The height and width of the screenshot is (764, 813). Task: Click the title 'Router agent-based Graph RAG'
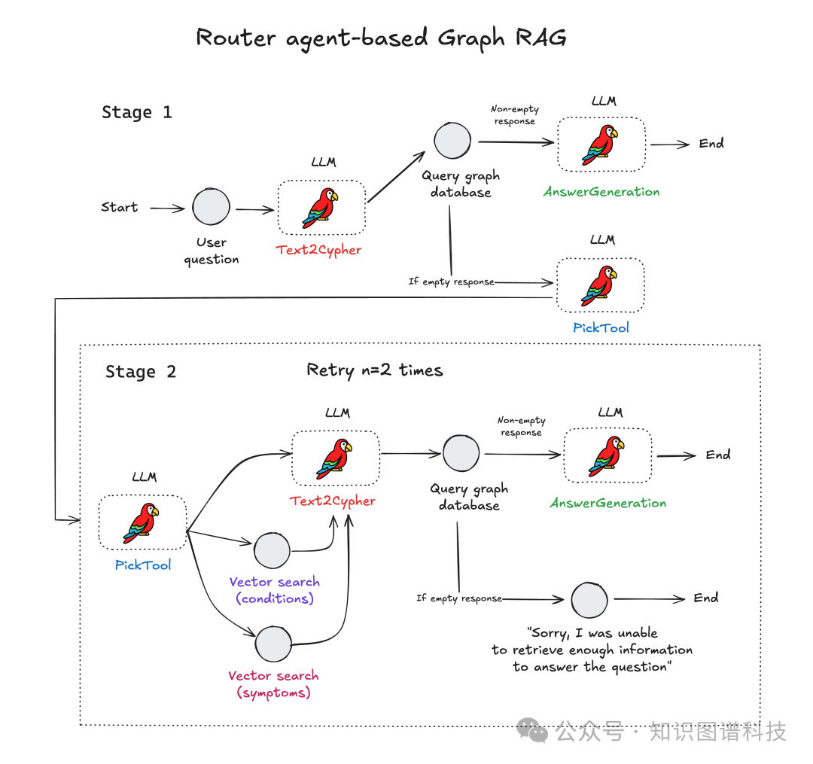pos(381,38)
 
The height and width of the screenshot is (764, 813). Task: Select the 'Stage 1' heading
pos(137,113)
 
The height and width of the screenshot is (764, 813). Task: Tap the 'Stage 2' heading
pos(141,372)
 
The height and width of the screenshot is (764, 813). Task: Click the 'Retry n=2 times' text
pos(375,370)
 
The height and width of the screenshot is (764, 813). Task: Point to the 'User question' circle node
pos(211,207)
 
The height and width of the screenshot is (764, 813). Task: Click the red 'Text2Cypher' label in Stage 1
pos(318,250)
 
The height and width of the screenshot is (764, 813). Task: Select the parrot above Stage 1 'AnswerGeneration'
pos(600,145)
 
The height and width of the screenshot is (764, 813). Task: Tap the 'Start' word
pos(120,207)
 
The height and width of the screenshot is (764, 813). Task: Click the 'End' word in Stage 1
pos(711,143)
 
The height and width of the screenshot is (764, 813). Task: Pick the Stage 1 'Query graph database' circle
pos(452,141)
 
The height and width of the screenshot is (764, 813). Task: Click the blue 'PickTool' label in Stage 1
pos(600,327)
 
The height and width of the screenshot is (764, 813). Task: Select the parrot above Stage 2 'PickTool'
pos(142,522)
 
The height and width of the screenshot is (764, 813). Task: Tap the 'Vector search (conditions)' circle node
pos(272,551)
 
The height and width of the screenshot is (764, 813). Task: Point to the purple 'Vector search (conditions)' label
pos(274,590)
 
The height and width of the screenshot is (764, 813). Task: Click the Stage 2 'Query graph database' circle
pos(461,453)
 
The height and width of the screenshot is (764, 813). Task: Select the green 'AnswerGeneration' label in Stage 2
pos(608,503)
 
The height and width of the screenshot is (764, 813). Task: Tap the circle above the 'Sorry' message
pos(589,599)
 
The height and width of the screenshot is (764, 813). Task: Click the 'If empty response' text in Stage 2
pos(458,598)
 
